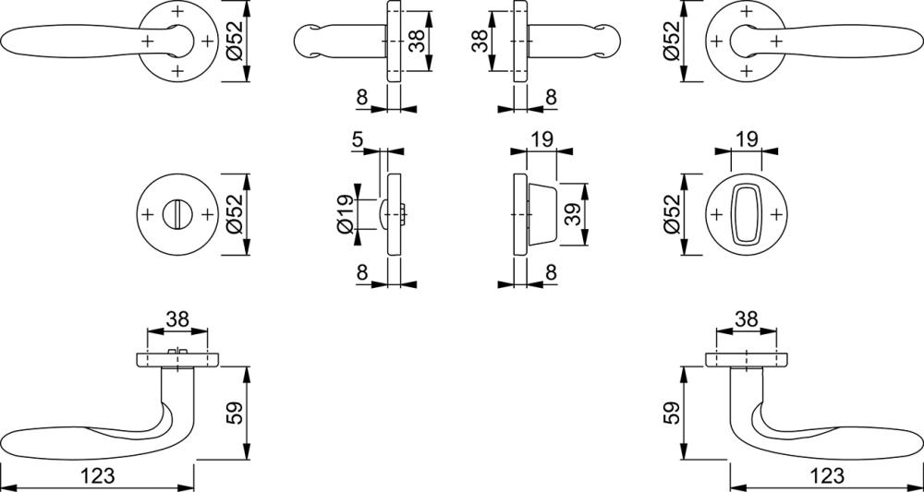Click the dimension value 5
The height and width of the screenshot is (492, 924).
pos(357,140)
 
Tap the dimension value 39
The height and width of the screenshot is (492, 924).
pos(572,214)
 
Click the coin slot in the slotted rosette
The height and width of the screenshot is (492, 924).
pos(176,214)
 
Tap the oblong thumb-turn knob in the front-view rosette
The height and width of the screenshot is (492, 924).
pos(746,214)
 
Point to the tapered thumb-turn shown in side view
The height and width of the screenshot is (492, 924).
pos(542,214)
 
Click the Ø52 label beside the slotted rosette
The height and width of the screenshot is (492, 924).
pos(234,214)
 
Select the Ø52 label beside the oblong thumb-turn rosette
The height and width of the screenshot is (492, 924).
pos(672,214)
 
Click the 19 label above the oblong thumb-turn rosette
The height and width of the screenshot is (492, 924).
pos(746,139)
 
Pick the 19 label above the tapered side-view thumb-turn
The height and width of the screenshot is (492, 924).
pos(541,139)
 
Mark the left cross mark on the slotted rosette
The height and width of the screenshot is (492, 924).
pos(147,214)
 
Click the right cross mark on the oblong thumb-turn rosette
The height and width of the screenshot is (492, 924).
pos(775,214)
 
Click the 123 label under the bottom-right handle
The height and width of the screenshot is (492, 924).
pos(827,475)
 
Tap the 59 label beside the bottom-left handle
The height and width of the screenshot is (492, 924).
pos(234,414)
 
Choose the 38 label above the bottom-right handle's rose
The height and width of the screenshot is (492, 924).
pos(746,319)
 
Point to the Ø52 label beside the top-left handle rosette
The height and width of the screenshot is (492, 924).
pos(234,40)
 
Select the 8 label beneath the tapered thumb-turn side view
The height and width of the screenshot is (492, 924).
pos(551,272)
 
